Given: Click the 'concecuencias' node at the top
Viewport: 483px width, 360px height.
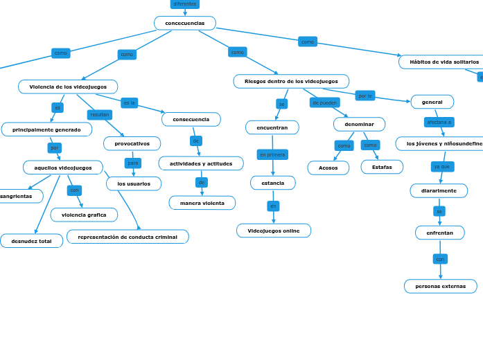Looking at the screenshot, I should click(184, 24).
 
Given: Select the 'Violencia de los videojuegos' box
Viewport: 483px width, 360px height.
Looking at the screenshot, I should click(68, 87).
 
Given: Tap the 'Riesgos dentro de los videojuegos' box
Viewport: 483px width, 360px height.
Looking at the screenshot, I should click(291, 81).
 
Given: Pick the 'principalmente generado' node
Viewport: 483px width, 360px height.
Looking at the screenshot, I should click(46, 129).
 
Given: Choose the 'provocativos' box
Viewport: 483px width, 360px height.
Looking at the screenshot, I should click(132, 143).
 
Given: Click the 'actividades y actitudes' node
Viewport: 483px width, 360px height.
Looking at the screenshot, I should click(201, 163).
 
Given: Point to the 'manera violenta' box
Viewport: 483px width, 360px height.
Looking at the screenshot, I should click(202, 203).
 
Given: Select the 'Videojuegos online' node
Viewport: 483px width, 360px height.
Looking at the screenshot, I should click(274, 231).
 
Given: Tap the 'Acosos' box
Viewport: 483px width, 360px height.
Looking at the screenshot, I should click(328, 168).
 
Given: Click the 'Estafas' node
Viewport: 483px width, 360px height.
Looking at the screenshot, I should click(382, 167).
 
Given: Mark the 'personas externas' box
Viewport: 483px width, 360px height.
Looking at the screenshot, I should click(440, 286).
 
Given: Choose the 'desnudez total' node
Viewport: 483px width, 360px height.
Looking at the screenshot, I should click(31, 241).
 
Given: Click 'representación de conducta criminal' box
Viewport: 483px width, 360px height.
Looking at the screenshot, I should click(128, 237).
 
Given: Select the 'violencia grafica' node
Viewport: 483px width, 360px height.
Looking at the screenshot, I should click(84, 215).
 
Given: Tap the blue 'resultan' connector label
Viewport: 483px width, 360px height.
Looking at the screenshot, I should click(100, 115).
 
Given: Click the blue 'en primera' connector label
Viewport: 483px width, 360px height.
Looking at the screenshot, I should click(272, 154).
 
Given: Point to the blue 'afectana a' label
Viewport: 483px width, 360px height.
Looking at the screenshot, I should click(439, 122).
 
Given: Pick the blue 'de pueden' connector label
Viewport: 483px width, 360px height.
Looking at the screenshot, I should click(324, 102).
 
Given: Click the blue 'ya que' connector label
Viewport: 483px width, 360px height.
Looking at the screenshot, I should click(441, 166).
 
